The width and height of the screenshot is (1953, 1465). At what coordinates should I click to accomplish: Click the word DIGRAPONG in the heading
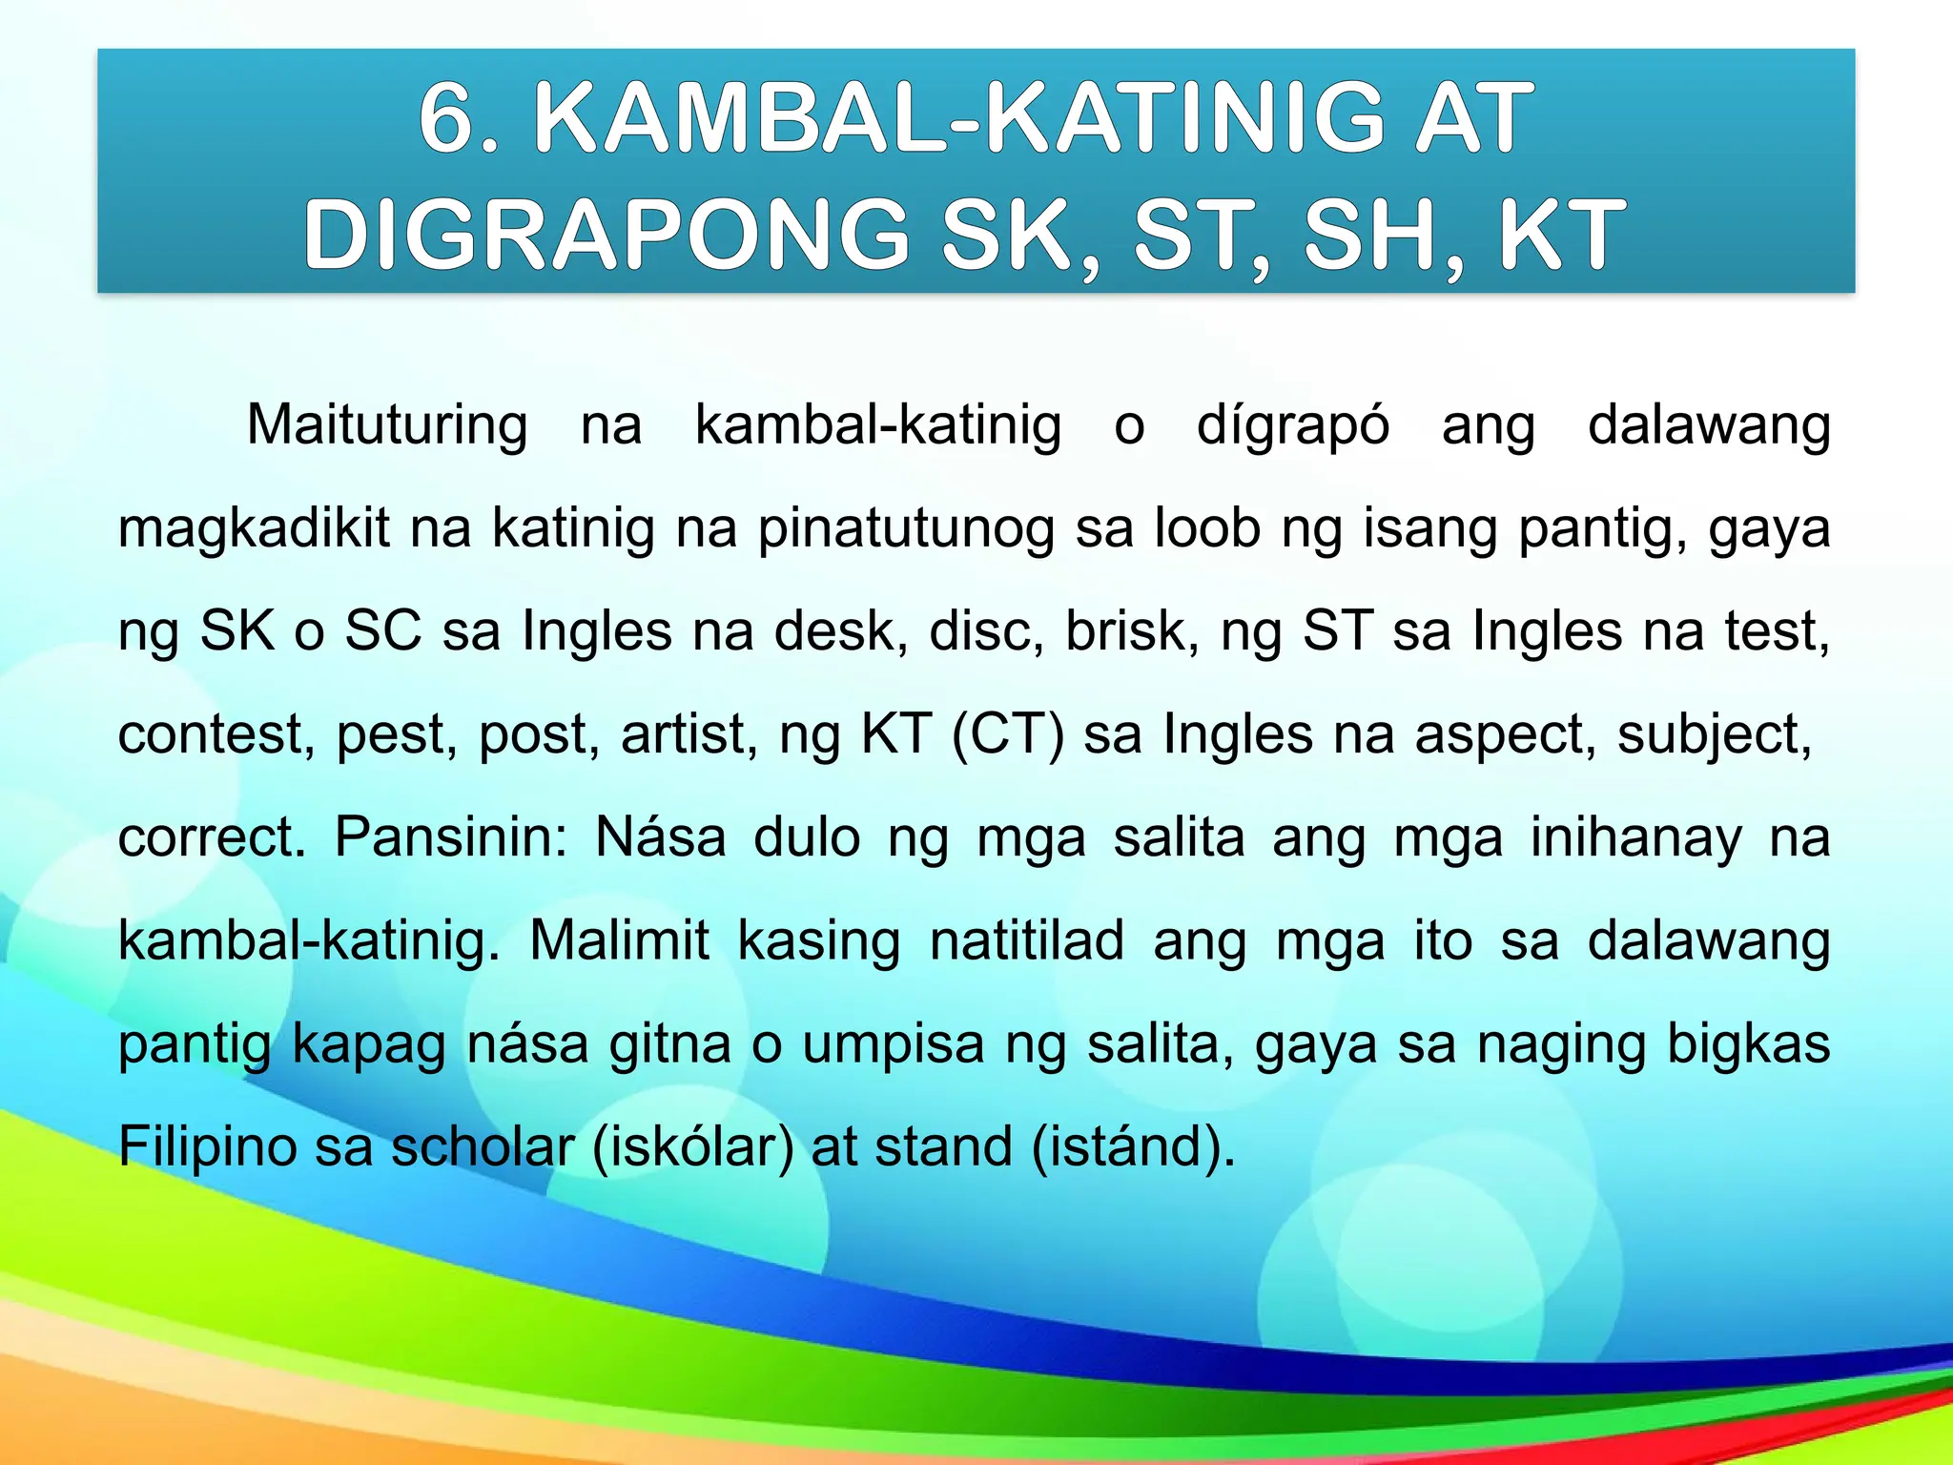606,235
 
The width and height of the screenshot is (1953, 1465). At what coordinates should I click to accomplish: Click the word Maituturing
386,425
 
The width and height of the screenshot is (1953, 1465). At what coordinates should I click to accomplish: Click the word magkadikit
254,528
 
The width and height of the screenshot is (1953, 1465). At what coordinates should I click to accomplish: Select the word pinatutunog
906,528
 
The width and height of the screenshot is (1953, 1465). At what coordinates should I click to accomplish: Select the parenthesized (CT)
1008,735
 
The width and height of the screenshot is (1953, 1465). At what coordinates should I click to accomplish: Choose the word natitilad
1027,941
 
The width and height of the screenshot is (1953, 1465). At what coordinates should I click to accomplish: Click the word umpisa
893,1044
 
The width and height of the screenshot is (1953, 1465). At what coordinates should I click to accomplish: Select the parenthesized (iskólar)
692,1147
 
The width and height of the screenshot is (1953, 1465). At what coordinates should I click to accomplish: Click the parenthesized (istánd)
1133,1147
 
